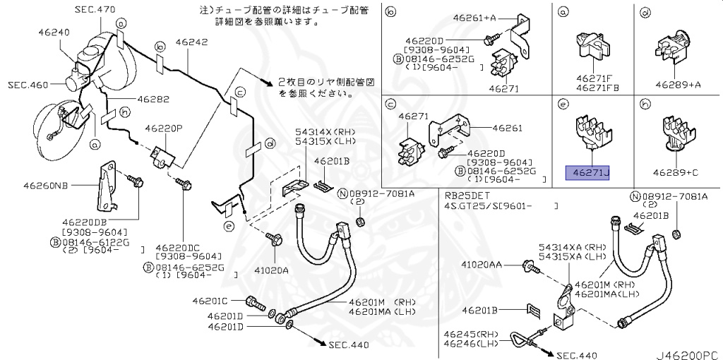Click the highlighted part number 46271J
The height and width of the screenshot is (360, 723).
586,172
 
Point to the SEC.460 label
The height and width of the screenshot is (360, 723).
28,85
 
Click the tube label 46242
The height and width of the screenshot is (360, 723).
191,42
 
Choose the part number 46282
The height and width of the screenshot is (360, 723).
153,100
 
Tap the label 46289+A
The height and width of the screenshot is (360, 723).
677,83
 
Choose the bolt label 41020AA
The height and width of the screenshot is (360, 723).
484,265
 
